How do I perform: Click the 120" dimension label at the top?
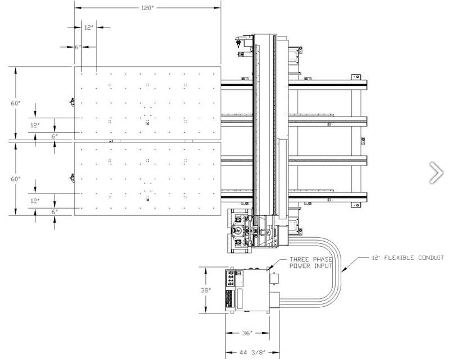tap(147, 8)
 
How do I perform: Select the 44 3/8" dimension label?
tap(253, 353)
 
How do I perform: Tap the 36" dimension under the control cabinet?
tap(247, 333)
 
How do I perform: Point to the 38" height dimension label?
tap(206, 290)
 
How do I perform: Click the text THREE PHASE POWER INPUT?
tap(311, 263)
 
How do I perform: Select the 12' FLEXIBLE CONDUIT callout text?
tap(407, 257)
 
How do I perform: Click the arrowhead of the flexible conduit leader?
tap(343, 270)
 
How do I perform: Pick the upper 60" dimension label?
tap(16, 103)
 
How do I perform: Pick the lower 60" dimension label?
tap(16, 179)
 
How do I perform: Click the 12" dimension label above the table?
tap(89, 27)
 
